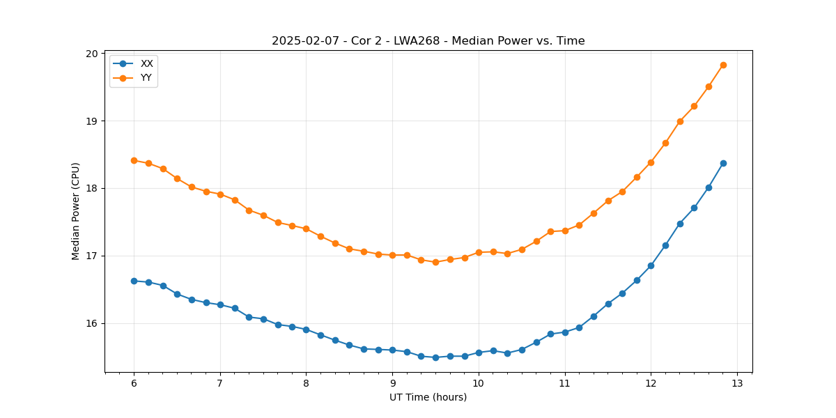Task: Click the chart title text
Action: click(x=428, y=41)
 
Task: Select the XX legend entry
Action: click(x=146, y=63)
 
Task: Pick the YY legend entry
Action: click(x=146, y=78)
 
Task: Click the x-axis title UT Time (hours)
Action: click(x=428, y=397)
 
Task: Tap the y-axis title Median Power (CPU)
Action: click(x=76, y=211)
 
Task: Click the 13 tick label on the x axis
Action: click(x=737, y=383)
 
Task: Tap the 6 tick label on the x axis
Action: click(x=134, y=383)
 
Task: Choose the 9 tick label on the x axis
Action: click(x=392, y=383)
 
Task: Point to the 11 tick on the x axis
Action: click(x=564, y=383)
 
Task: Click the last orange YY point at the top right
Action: click(x=723, y=65)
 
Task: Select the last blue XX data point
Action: click(x=723, y=163)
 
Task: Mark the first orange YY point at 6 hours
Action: click(x=134, y=160)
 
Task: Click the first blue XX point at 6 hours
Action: click(x=134, y=281)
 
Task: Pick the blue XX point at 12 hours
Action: click(x=651, y=265)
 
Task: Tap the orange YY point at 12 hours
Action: click(x=651, y=162)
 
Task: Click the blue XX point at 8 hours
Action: click(x=306, y=330)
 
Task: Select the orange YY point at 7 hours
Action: click(x=220, y=194)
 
